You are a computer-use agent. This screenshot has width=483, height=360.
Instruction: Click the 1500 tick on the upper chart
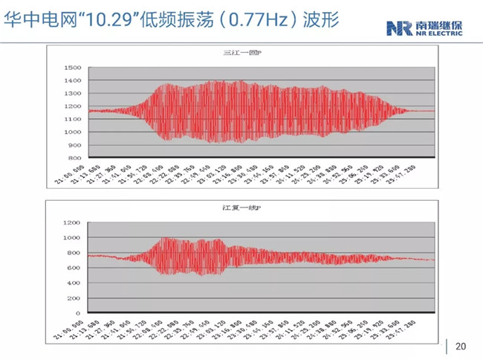tap(72, 68)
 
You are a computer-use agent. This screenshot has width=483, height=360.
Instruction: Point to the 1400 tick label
tap(72, 80)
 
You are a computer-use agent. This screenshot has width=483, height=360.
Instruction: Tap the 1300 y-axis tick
tap(72, 94)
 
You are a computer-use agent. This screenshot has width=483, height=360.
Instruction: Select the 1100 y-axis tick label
tap(72, 119)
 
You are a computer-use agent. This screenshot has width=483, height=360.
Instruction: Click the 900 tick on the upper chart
tap(74, 145)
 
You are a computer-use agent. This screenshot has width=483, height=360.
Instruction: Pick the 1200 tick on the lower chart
tap(72, 222)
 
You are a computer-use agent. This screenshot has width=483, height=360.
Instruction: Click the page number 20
tap(460, 347)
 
